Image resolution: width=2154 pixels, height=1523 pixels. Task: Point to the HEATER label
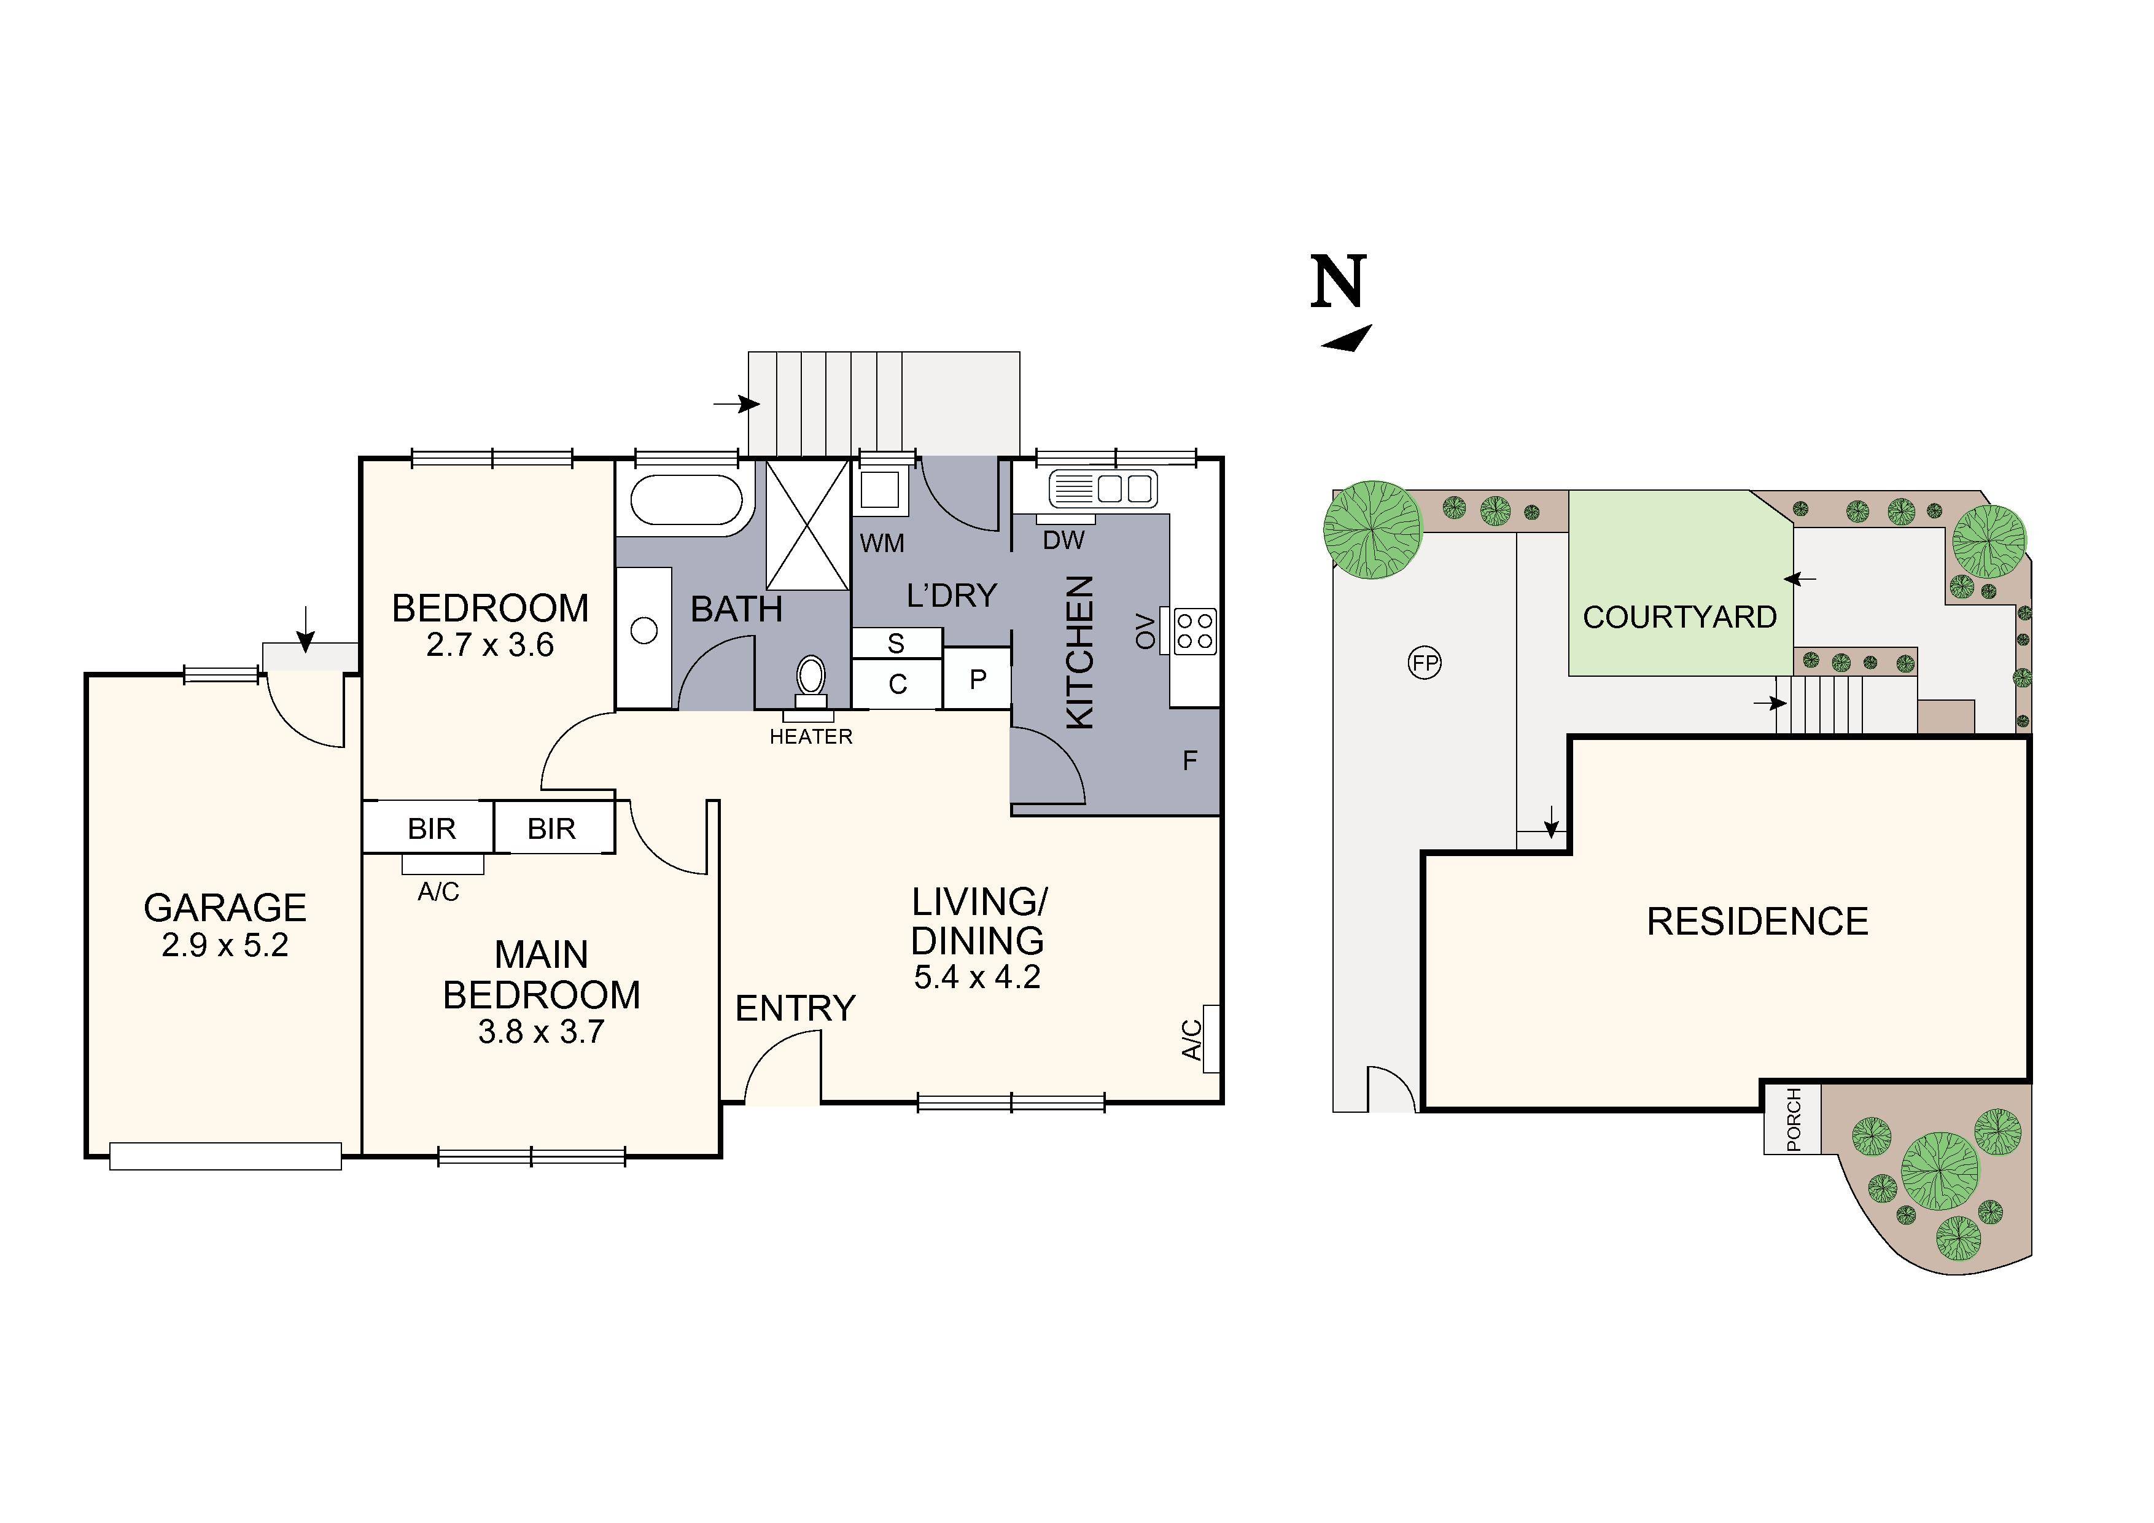click(811, 738)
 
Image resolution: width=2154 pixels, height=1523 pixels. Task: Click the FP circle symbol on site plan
click(1425, 663)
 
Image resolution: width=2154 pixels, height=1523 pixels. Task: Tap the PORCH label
click(1793, 1120)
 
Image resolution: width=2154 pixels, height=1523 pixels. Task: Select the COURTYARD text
click(1679, 617)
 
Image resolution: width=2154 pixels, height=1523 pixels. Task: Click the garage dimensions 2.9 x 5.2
click(225, 946)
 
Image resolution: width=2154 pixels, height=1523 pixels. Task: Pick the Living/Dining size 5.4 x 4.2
click(977, 978)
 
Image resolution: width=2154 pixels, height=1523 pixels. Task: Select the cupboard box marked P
click(978, 679)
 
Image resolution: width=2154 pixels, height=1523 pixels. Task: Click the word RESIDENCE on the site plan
click(1757, 922)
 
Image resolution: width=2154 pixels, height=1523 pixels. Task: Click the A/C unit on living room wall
click(1210, 1039)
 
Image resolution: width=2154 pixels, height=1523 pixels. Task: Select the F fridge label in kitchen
click(1189, 760)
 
